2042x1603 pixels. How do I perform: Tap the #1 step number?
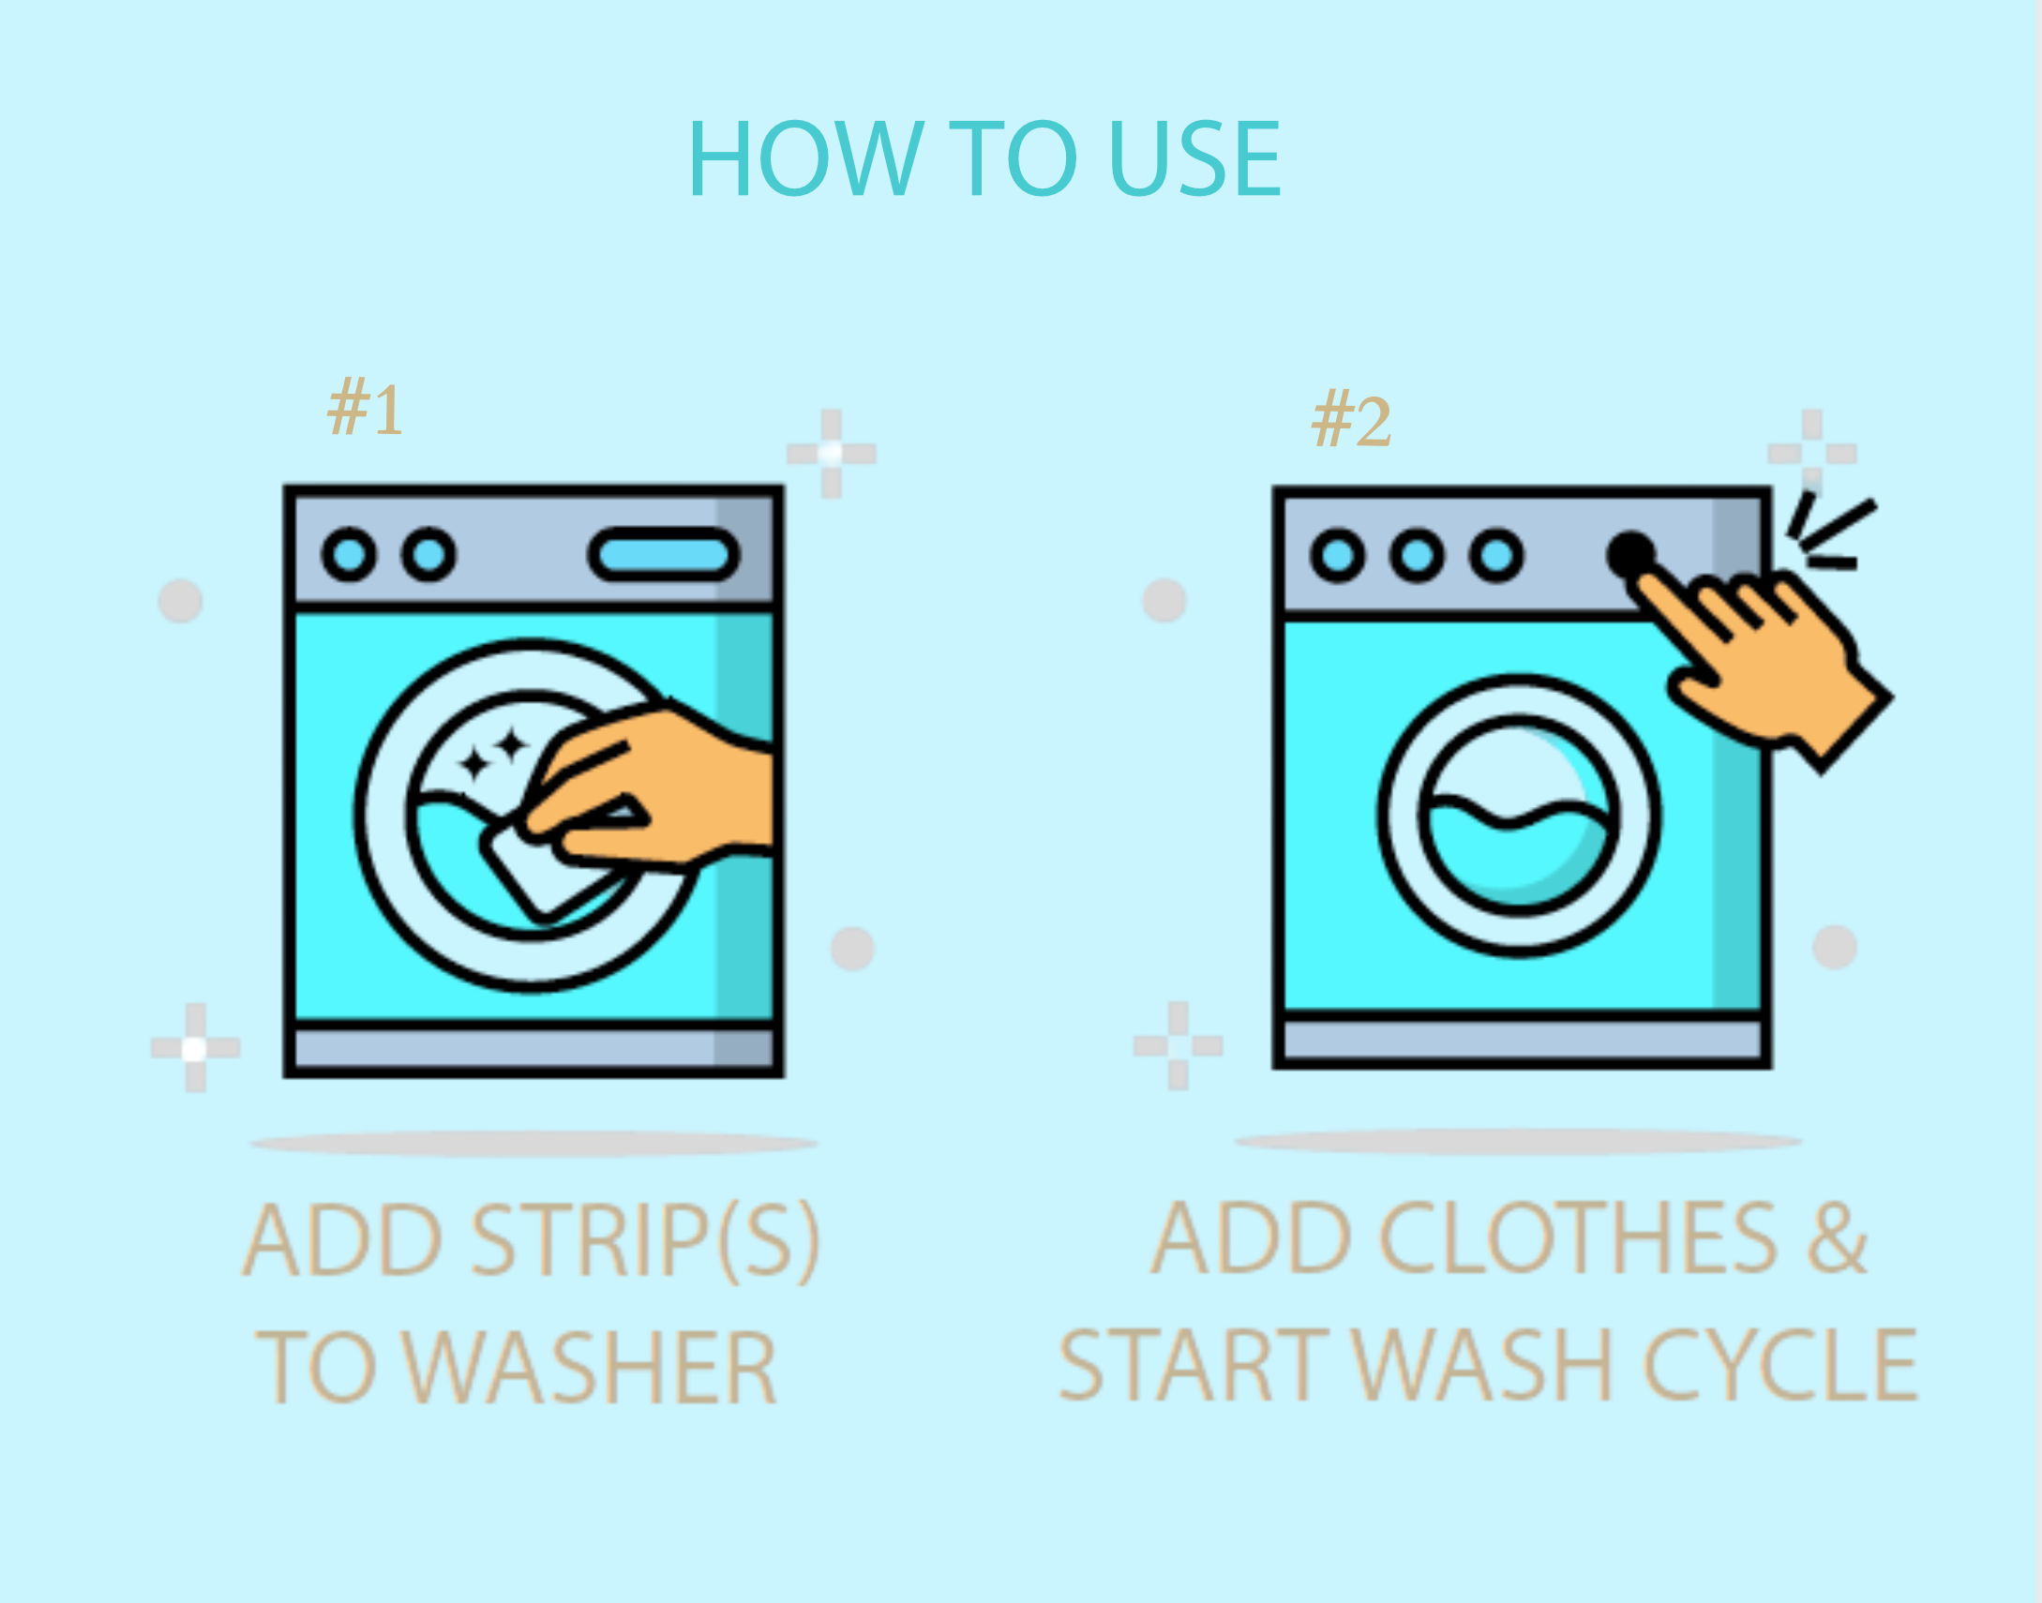tap(365, 410)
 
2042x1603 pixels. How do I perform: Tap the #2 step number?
tap(1350, 422)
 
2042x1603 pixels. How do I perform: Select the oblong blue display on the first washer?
tap(664, 555)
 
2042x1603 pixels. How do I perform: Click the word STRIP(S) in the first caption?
tap(646, 1241)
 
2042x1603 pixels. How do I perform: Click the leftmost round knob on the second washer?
tap(1337, 556)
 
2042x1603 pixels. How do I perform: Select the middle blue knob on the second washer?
tap(1417, 556)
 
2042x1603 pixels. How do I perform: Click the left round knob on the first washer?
tap(349, 555)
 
